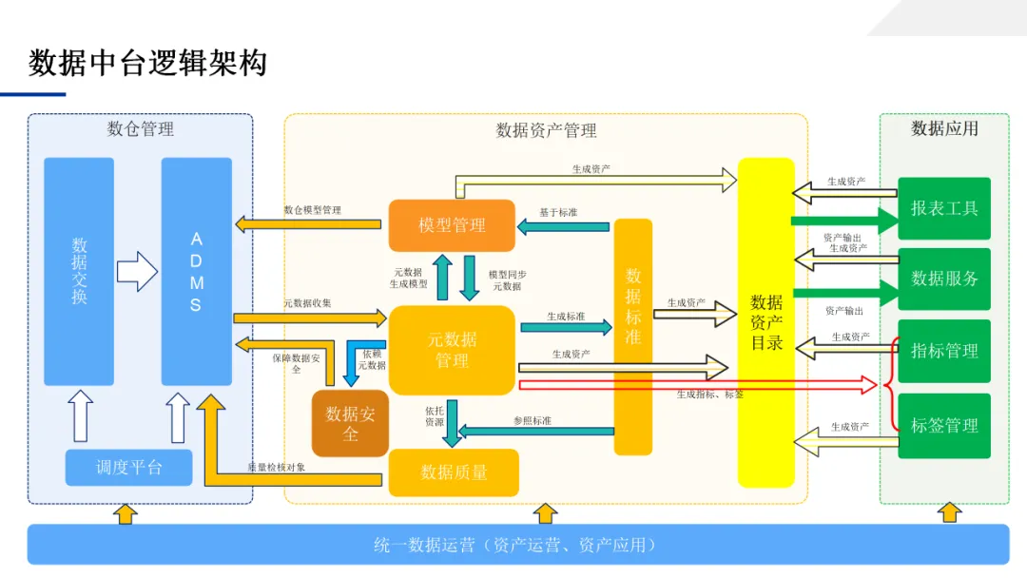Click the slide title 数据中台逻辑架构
click(147, 63)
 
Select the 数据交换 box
click(79, 271)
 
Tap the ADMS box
click(196, 271)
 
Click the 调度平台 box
click(128, 467)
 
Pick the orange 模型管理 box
click(452, 225)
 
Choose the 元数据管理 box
click(452, 349)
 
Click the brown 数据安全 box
click(350, 423)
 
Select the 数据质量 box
click(454, 472)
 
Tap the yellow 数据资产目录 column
click(766, 322)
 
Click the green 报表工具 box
click(944, 208)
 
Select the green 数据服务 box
click(944, 279)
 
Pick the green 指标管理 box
click(944, 351)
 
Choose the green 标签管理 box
click(944, 426)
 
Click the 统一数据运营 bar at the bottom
click(517, 545)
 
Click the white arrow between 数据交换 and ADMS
click(136, 271)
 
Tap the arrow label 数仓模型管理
click(312, 210)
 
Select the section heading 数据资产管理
click(546, 130)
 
